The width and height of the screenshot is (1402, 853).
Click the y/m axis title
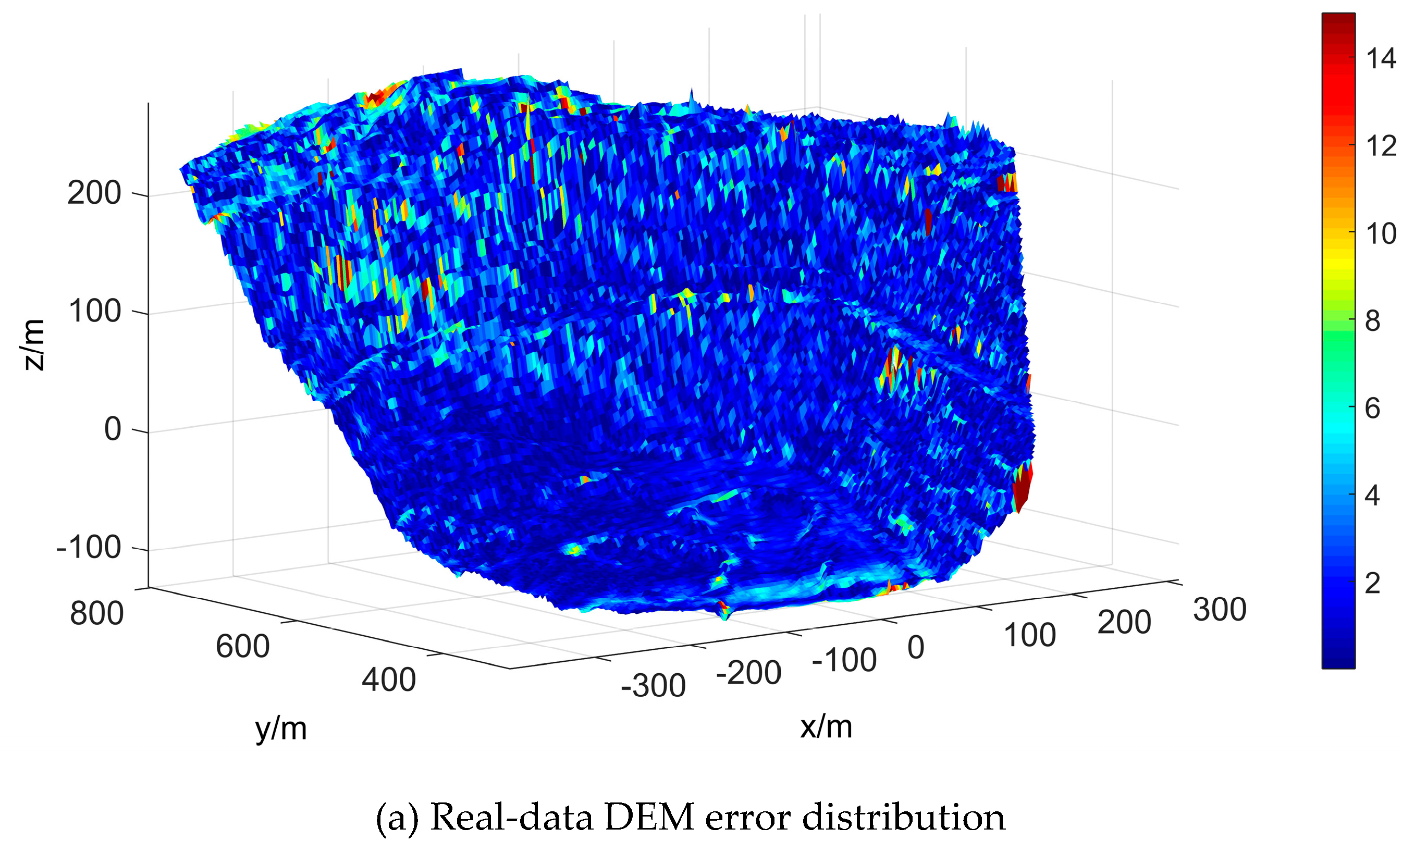tap(281, 729)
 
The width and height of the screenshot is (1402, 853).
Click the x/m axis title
tap(826, 727)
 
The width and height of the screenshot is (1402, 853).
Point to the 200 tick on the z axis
tap(94, 193)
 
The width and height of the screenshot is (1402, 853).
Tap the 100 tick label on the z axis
tap(94, 311)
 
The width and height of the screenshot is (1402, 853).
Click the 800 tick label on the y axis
tap(97, 613)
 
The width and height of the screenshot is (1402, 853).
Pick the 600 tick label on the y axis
tap(242, 647)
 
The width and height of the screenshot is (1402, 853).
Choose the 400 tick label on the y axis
tap(389, 679)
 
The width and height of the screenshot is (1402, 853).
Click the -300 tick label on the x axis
tap(653, 686)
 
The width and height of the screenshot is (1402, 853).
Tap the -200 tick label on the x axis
tap(748, 673)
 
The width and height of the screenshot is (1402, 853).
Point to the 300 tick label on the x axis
tap(1220, 610)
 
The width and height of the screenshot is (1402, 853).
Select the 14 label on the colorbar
tap(1381, 58)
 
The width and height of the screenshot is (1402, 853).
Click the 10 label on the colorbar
tap(1381, 234)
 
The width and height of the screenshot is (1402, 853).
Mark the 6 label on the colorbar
tap(1372, 409)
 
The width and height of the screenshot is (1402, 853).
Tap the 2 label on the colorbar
tap(1372, 584)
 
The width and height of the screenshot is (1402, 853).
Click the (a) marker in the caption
tap(397, 818)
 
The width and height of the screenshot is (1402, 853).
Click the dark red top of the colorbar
tap(1338, 23)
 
